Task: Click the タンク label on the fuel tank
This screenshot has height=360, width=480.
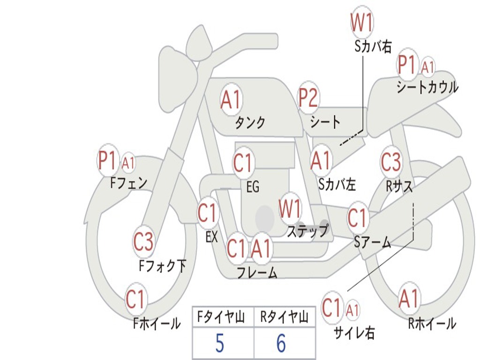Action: (250, 123)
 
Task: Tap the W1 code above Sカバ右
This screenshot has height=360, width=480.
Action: (362, 22)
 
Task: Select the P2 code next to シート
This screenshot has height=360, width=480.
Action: (308, 97)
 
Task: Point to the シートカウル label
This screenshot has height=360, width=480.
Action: (427, 87)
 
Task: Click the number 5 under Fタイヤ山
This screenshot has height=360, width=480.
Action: (219, 344)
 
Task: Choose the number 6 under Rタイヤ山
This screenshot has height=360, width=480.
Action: (281, 344)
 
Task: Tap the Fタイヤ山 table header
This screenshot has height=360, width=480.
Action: (219, 318)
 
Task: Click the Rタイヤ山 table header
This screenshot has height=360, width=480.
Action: (284, 318)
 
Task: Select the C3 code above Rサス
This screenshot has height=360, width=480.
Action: (391, 162)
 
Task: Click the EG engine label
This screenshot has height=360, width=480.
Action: (253, 187)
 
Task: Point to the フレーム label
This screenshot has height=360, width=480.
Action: (257, 272)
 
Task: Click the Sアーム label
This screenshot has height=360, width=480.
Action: (372, 242)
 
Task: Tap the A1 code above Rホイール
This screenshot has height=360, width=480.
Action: (409, 299)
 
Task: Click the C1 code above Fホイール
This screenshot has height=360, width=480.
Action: (136, 299)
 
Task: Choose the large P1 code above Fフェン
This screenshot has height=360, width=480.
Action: (107, 161)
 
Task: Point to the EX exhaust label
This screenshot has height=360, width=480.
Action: (211, 237)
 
